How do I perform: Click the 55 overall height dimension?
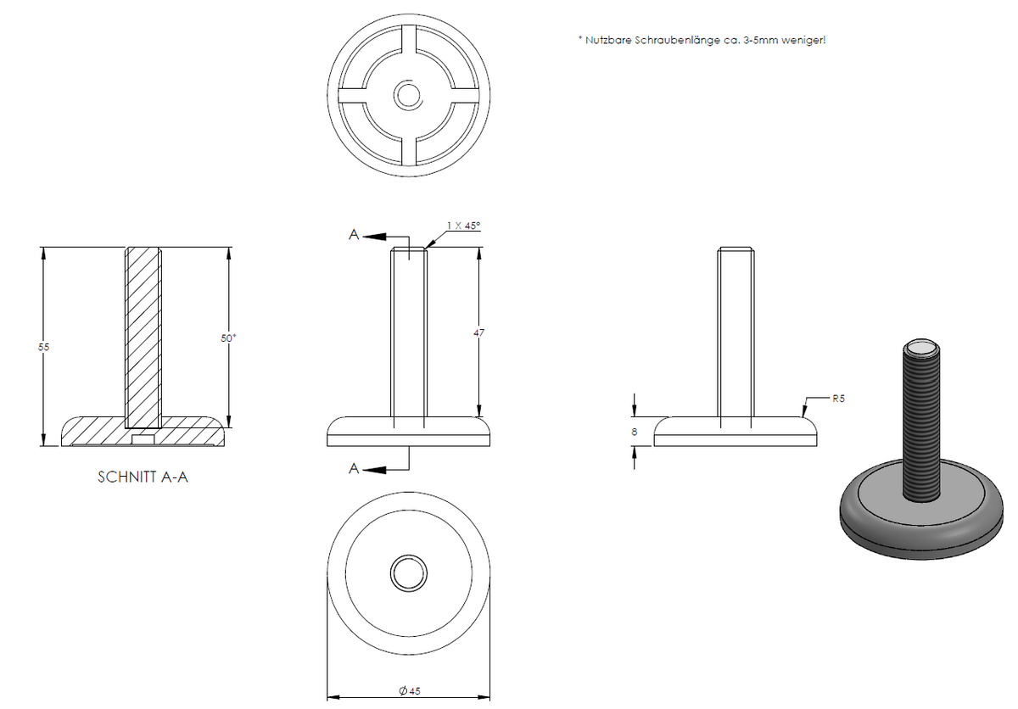[x=43, y=347]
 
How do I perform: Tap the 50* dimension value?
[x=228, y=338]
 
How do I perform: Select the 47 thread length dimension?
[x=479, y=333]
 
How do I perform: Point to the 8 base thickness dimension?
[x=635, y=432]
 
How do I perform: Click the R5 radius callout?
[x=838, y=399]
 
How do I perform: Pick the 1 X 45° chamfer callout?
[x=463, y=226]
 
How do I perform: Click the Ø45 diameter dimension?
[x=410, y=691]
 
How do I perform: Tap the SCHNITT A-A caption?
[x=143, y=477]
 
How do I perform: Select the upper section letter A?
[x=354, y=235]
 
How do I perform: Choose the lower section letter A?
[x=354, y=468]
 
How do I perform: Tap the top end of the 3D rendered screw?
[x=920, y=348]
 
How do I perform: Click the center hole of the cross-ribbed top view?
[x=408, y=95]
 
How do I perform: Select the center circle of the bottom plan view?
[x=408, y=573]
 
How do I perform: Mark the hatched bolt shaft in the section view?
[x=143, y=338]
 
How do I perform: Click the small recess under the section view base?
[x=143, y=440]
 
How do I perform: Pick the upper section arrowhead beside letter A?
[x=374, y=237]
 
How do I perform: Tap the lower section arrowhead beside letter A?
[x=374, y=470]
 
